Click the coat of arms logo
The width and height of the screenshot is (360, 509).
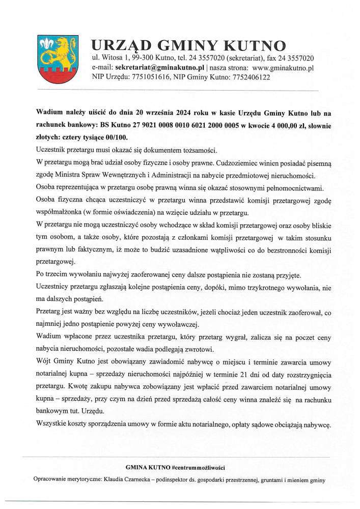[54, 60]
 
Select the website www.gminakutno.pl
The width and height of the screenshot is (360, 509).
[283, 67]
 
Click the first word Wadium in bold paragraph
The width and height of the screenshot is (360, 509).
[48, 112]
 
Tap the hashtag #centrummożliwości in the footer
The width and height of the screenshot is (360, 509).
[199, 467]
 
